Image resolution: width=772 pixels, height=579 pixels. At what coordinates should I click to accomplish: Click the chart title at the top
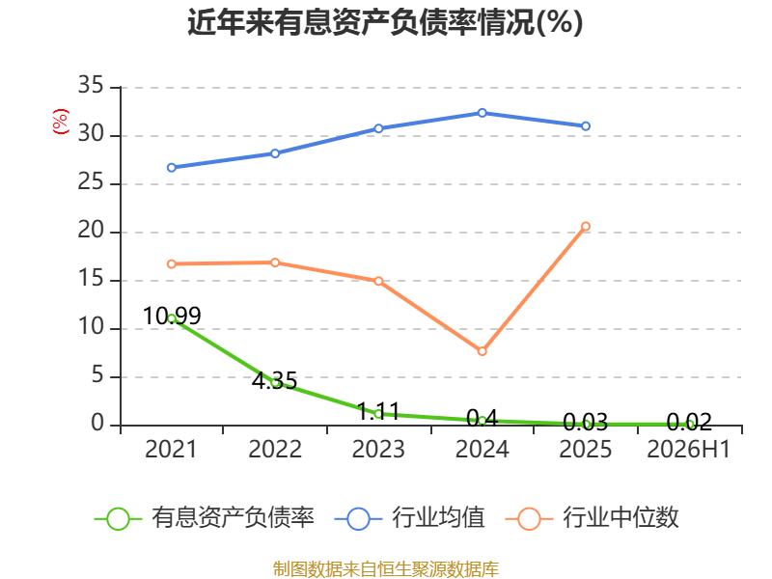pyautogui.click(x=385, y=22)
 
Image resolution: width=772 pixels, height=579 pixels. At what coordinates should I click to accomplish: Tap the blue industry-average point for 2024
pyautogui.click(x=482, y=113)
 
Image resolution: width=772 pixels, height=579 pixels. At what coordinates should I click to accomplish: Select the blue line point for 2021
pyautogui.click(x=172, y=167)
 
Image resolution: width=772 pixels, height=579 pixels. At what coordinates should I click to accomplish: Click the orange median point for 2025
pyautogui.click(x=586, y=227)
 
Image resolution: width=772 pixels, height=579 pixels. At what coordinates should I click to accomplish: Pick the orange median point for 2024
pyautogui.click(x=482, y=351)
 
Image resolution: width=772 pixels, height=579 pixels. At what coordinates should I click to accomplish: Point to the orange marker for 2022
pyautogui.click(x=275, y=262)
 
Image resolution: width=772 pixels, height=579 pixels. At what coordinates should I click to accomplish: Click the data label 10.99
pyautogui.click(x=172, y=316)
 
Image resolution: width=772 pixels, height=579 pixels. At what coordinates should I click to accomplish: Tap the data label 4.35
pyautogui.click(x=275, y=380)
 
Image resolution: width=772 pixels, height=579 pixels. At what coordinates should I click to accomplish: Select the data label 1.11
pyautogui.click(x=378, y=411)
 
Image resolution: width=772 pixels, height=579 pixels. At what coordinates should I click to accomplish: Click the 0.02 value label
pyautogui.click(x=689, y=422)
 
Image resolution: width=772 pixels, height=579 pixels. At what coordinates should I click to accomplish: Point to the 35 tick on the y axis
pyautogui.click(x=91, y=85)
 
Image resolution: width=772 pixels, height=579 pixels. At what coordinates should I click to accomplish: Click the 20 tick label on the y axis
pyautogui.click(x=91, y=230)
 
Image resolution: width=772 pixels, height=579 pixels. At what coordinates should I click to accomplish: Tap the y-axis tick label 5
pyautogui.click(x=97, y=375)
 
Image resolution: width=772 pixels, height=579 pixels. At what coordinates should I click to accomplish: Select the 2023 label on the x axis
pyautogui.click(x=378, y=449)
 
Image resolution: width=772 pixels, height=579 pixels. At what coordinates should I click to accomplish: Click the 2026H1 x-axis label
pyautogui.click(x=688, y=449)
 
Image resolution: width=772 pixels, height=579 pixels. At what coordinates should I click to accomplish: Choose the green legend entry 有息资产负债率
pyautogui.click(x=205, y=518)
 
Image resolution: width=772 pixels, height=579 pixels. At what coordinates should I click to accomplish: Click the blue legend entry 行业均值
pyautogui.click(x=409, y=518)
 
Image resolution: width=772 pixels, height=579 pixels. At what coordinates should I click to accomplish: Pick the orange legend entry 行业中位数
pyautogui.click(x=593, y=518)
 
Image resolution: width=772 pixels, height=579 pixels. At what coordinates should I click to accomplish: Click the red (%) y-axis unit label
pyautogui.click(x=61, y=122)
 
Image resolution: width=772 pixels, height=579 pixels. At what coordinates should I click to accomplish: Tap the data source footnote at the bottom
pyautogui.click(x=386, y=569)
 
